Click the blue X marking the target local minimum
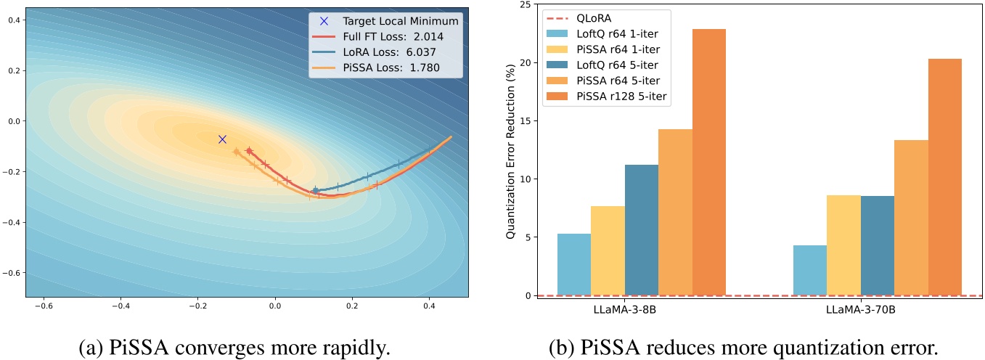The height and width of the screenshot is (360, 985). pyautogui.click(x=222, y=139)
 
